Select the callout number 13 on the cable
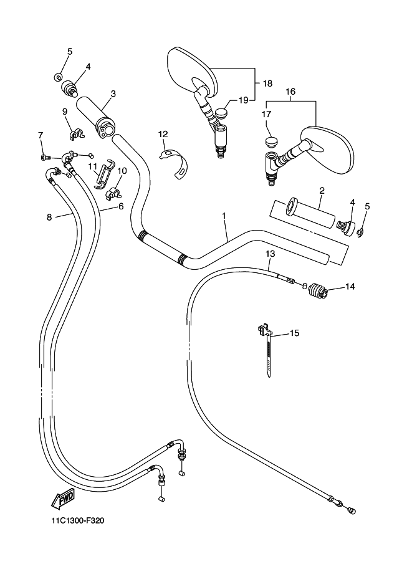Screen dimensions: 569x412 [x=270, y=254]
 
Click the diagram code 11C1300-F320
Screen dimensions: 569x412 [x=74, y=521]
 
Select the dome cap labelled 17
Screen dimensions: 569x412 [x=270, y=141]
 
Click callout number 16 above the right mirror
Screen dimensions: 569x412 [x=290, y=91]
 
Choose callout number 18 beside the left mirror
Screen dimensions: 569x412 [x=267, y=83]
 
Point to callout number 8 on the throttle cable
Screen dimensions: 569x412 [x=49, y=218]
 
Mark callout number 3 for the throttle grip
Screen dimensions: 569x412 [x=113, y=94]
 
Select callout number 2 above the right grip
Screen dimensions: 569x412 [x=322, y=190]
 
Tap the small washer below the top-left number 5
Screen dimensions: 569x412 [x=58, y=77]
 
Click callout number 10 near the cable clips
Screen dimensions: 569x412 [x=122, y=170]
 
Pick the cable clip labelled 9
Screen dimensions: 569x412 [x=77, y=132]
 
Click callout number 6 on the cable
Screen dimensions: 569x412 [x=120, y=206]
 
